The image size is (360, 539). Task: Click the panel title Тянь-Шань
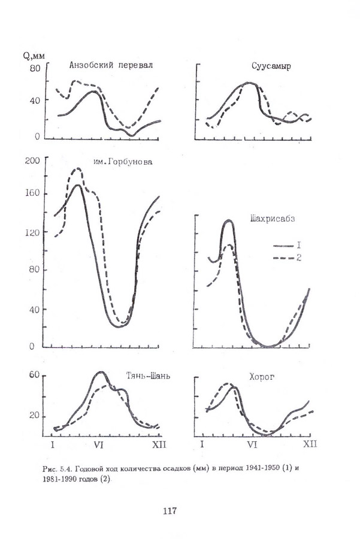point(148,376)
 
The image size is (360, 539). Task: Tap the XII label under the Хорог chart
point(308,444)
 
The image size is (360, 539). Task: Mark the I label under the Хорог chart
point(202,444)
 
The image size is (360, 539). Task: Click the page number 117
point(170,511)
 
